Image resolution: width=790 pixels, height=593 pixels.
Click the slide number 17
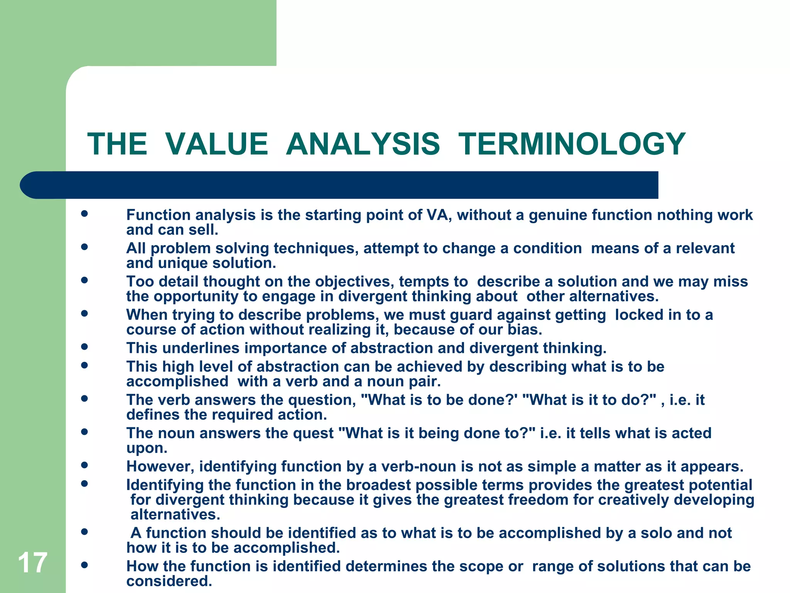click(x=32, y=563)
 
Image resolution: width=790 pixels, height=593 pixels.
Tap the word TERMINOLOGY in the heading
click(x=572, y=144)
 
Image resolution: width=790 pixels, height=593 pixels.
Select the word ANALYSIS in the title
click(x=363, y=144)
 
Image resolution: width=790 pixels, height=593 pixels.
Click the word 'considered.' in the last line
click(x=169, y=581)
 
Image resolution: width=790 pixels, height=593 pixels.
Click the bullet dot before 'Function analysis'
click(x=84, y=213)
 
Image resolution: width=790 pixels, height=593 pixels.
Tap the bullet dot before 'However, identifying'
click(x=84, y=465)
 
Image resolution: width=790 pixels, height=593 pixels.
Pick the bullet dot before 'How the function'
click(x=84, y=565)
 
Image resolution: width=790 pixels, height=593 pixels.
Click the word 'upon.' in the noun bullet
click(x=147, y=448)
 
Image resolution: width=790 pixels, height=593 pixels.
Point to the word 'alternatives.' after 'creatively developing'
click(x=175, y=515)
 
